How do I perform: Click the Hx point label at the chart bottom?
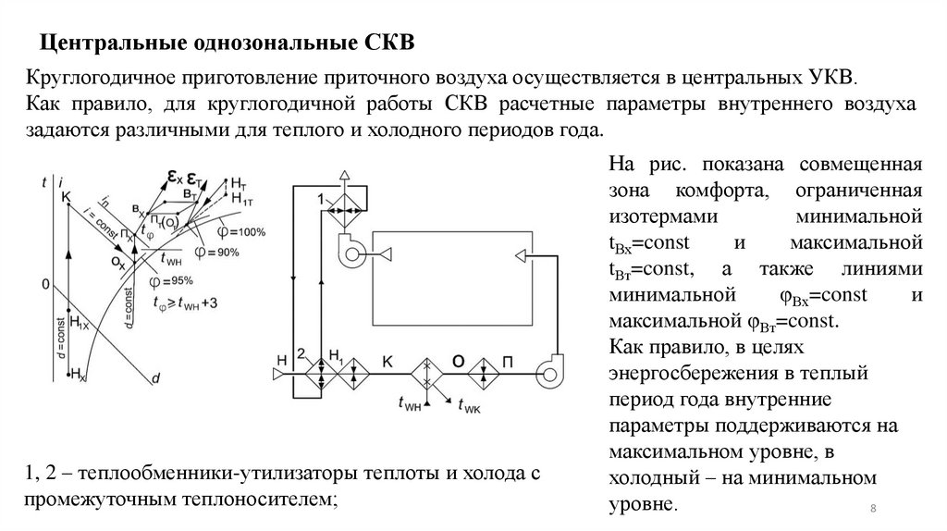79,374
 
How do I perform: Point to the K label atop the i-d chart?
65,196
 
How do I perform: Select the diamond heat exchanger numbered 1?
344,208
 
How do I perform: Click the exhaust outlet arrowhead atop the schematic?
343,176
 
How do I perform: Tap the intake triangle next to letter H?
278,373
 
